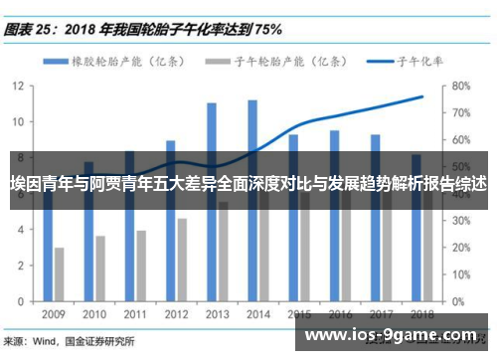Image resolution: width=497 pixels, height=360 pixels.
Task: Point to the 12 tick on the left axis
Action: pos(18,86)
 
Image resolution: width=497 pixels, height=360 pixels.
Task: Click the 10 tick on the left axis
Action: pos(18,121)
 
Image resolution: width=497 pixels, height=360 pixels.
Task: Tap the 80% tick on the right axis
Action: pos(460,86)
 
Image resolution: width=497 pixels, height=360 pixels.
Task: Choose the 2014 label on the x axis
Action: pos(258,313)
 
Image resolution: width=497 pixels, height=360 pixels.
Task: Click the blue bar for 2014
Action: pos(252,199)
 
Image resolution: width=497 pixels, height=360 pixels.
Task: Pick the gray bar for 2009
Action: pos(60,273)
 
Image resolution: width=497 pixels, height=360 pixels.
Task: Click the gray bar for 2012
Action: pos(182,260)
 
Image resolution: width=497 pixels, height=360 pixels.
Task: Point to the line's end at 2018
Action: pos(422,96)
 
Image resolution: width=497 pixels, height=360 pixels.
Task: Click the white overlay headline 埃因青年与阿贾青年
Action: pos(248,184)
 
